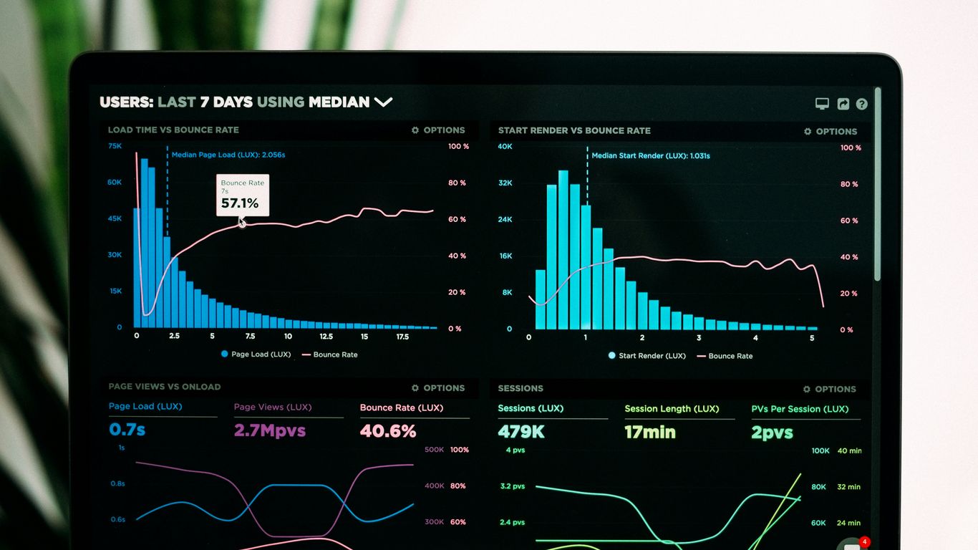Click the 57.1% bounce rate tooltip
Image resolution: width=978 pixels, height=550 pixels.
(x=243, y=196)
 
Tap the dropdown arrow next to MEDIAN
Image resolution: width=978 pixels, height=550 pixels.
(x=383, y=102)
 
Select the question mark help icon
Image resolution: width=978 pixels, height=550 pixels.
(x=861, y=104)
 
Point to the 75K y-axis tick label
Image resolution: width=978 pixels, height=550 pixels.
(x=115, y=146)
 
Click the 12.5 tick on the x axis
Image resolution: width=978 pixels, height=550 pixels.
(x=326, y=337)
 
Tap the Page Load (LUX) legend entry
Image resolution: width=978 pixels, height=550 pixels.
(x=256, y=354)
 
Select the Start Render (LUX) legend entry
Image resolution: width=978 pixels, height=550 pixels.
(x=647, y=356)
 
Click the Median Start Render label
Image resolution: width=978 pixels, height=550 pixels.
(x=650, y=155)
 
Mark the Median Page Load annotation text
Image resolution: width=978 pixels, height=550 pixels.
(x=228, y=155)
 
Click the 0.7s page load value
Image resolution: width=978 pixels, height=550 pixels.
(x=127, y=430)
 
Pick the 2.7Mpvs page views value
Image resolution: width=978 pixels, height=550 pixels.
(x=270, y=430)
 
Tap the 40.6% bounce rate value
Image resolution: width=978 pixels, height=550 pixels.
(x=388, y=431)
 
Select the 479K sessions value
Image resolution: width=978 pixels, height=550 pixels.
(x=521, y=432)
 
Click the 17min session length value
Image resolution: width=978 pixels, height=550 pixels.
(x=649, y=433)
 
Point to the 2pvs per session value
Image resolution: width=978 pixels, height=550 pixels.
(x=772, y=433)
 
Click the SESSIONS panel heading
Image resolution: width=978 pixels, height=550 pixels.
(x=521, y=388)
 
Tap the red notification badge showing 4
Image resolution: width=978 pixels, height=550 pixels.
(x=865, y=541)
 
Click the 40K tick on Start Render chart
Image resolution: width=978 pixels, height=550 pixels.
(x=505, y=147)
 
